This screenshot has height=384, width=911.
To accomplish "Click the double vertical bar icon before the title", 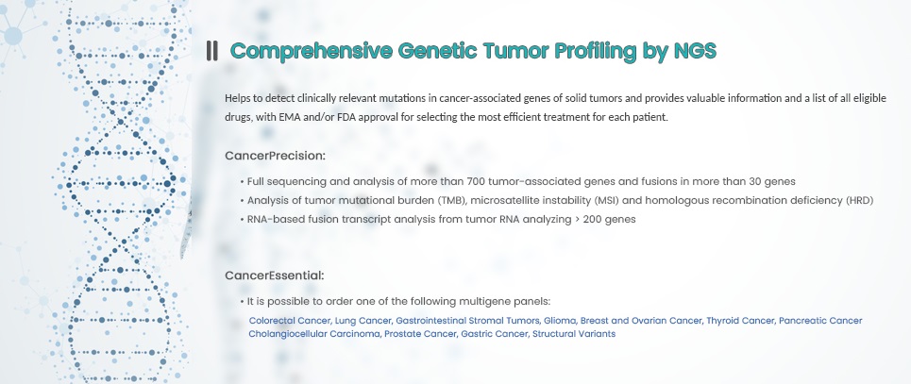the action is pos(212,51).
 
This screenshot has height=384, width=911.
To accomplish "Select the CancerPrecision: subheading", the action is pos(275,156).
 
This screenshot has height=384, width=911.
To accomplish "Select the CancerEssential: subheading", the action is pos(274,275).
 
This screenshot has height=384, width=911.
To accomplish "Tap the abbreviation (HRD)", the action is pos(859,200).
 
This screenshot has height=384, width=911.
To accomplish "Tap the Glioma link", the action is pos(562,321).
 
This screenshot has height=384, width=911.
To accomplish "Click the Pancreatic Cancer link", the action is pos(820,321).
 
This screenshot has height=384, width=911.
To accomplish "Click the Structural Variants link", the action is pos(573,334).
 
